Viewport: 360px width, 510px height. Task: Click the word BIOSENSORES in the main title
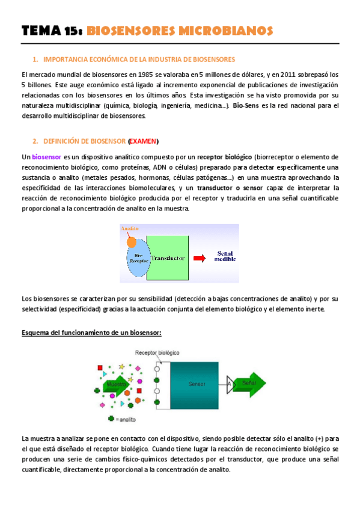(x=132, y=31)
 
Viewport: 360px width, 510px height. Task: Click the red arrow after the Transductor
(x=199, y=257)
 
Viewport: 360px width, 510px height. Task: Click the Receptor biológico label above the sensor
(x=158, y=352)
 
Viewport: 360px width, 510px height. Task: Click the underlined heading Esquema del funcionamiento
(x=91, y=333)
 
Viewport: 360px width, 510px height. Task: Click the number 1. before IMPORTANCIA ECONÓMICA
(x=36, y=59)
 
